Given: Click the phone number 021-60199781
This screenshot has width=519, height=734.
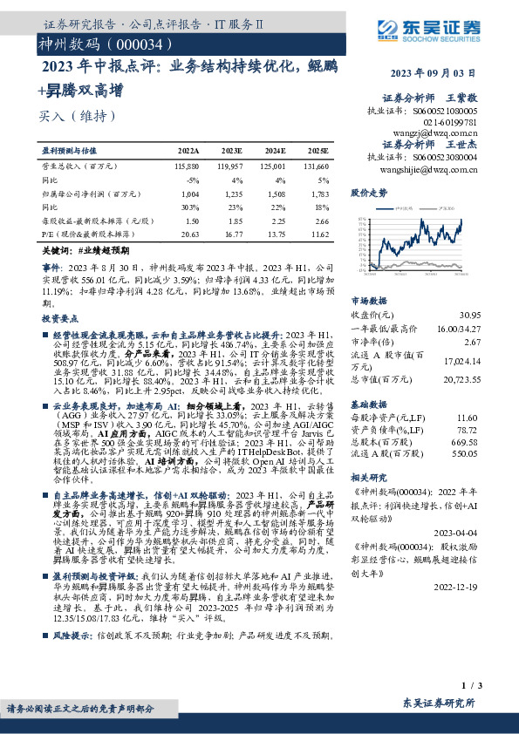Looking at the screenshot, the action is click(x=450, y=123).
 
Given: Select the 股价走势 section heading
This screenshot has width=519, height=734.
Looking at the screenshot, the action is click(x=367, y=191).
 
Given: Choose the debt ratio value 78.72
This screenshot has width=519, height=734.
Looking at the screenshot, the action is click(x=493, y=430).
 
